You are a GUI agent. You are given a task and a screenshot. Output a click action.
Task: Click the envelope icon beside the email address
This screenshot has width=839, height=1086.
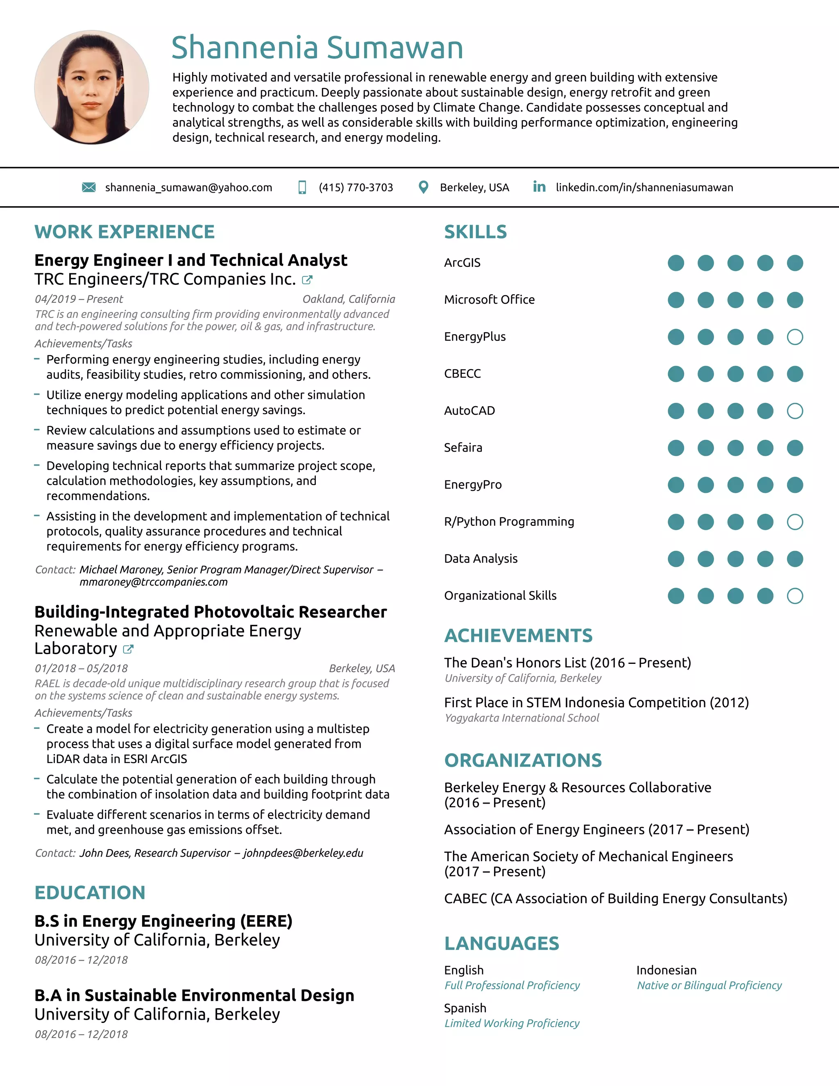pyautogui.click(x=88, y=187)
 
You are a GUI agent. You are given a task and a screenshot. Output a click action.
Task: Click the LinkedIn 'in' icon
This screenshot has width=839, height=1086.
pyautogui.click(x=539, y=187)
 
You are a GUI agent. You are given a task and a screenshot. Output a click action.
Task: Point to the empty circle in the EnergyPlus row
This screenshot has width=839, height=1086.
pyautogui.click(x=795, y=337)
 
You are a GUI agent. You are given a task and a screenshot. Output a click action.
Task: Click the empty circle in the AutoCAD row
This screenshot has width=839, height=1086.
pyautogui.click(x=795, y=411)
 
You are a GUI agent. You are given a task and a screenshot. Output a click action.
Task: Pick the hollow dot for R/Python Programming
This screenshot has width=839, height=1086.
pyautogui.click(x=795, y=522)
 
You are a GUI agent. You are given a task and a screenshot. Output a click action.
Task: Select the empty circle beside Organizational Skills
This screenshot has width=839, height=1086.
pyautogui.click(x=795, y=596)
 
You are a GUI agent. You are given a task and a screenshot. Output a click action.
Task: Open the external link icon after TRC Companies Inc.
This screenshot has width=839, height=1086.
pyautogui.click(x=307, y=280)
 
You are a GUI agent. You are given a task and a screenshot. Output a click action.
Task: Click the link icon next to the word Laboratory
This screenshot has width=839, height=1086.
pyautogui.click(x=128, y=650)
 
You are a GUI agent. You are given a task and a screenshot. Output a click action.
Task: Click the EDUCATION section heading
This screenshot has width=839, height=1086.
pyautogui.click(x=90, y=893)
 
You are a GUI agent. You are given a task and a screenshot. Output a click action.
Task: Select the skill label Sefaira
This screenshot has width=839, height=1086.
pyautogui.click(x=463, y=448)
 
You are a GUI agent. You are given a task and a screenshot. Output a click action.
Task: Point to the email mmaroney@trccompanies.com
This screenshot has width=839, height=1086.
pyautogui.click(x=154, y=582)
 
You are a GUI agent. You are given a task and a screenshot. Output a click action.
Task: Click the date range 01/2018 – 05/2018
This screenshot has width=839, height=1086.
pyautogui.click(x=81, y=668)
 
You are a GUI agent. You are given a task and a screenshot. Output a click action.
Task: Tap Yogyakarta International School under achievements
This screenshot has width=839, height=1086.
pyautogui.click(x=522, y=718)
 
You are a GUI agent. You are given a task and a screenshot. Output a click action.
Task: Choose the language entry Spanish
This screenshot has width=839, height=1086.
pyautogui.click(x=465, y=1008)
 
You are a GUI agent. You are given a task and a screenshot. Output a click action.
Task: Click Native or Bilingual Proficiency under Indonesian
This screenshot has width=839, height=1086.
pyautogui.click(x=709, y=986)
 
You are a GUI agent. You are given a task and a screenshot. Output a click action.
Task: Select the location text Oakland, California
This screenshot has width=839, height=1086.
pyautogui.click(x=349, y=299)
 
